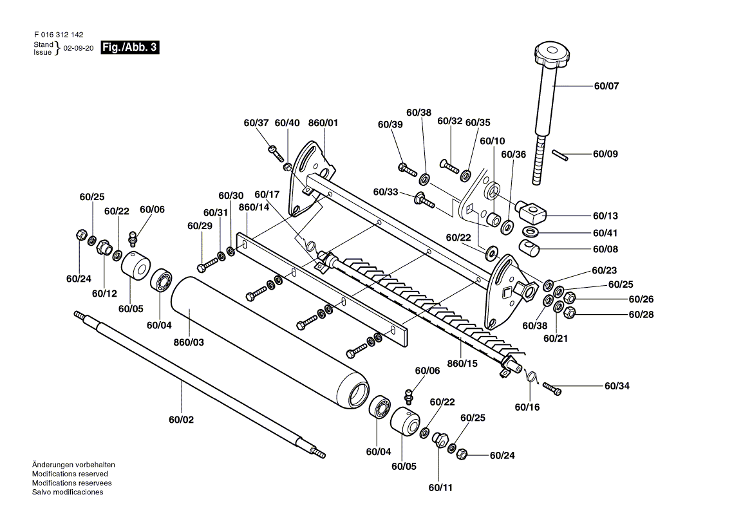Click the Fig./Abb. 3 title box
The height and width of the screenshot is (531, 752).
[129, 48]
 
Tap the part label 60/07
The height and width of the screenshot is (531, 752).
[606, 86]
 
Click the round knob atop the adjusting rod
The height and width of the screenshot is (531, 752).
[552, 53]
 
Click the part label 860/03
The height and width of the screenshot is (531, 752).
[189, 342]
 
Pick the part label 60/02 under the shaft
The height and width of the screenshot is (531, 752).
[182, 420]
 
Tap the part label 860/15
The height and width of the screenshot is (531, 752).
[462, 364]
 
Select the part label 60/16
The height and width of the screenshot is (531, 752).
[527, 407]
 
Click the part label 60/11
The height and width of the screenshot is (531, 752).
[440, 488]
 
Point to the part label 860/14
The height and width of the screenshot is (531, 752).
[254, 207]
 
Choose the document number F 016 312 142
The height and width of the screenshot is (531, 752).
[59, 35]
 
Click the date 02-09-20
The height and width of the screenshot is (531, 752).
[78, 48]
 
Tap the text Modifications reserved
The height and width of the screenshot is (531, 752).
[70, 474]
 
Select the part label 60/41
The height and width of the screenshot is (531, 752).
[605, 234]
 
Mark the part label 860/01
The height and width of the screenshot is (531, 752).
[323, 123]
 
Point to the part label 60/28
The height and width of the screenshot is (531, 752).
[641, 315]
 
